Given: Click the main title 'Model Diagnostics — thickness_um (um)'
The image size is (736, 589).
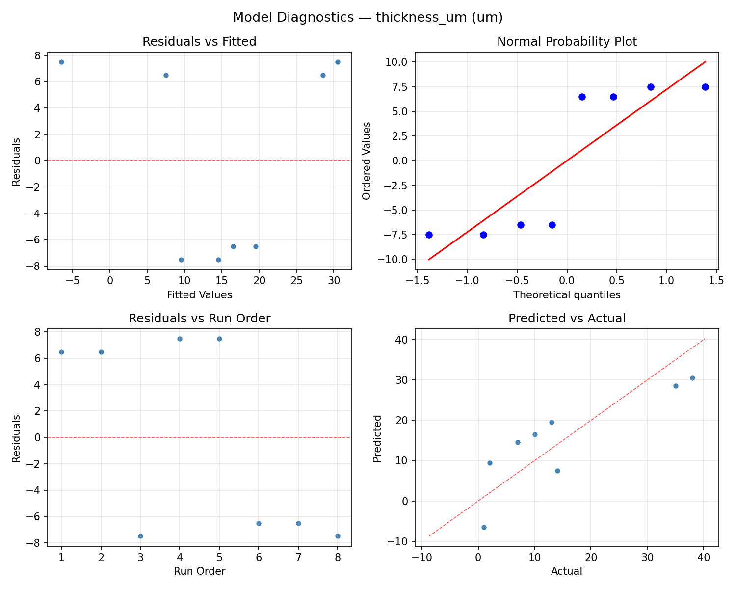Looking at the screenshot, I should pyautogui.click(x=368, y=17).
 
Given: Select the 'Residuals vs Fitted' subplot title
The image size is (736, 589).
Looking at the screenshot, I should pyautogui.click(x=199, y=42).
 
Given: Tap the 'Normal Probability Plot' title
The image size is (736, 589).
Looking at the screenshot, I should pyautogui.click(x=567, y=42).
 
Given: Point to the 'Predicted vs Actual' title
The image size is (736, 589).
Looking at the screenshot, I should pyautogui.click(x=567, y=319).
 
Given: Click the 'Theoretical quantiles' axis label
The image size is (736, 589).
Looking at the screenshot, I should pyautogui.click(x=567, y=295).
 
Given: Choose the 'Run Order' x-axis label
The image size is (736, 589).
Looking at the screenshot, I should pyautogui.click(x=199, y=571).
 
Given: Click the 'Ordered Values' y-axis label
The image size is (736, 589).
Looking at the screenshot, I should pyautogui.click(x=366, y=161).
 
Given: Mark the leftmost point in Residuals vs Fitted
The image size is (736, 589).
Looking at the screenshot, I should pyautogui.click(x=61, y=62).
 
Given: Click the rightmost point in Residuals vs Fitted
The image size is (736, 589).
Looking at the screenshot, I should pyautogui.click(x=338, y=62).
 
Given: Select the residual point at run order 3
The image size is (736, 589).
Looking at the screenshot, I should pyautogui.click(x=140, y=536).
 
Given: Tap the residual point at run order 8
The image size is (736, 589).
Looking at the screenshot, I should pyautogui.click(x=338, y=536).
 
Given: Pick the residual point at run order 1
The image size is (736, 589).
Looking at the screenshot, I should pyautogui.click(x=61, y=352).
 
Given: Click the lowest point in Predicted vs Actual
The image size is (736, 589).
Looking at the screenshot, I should pyautogui.click(x=484, y=527).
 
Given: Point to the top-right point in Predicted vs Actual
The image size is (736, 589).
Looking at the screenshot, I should pyautogui.click(x=692, y=378).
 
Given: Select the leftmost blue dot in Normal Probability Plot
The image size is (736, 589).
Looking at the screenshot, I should pyautogui.click(x=429, y=235).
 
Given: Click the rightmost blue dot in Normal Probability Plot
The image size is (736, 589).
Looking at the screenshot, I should pyautogui.click(x=705, y=87).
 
